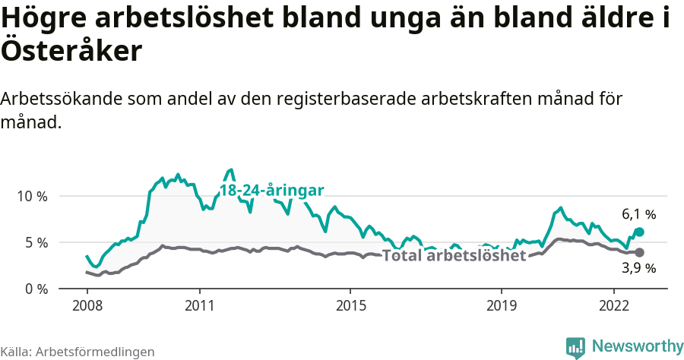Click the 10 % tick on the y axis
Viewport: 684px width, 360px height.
click(x=33, y=196)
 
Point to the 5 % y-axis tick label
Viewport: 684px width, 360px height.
click(x=36, y=242)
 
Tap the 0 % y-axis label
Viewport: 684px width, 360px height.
click(x=36, y=289)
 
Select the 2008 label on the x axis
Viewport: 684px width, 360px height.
click(x=87, y=305)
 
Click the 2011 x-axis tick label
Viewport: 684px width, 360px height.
click(x=199, y=305)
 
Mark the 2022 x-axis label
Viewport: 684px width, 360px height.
click(x=613, y=305)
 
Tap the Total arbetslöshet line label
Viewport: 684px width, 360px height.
click(x=454, y=255)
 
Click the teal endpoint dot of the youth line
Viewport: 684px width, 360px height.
click(x=639, y=232)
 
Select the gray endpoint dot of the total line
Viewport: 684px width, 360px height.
click(x=639, y=252)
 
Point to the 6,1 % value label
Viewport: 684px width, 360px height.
click(x=638, y=215)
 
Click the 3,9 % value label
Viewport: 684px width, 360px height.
click(x=638, y=268)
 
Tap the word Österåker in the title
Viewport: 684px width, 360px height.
click(x=71, y=52)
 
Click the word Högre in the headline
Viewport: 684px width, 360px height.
click(x=46, y=18)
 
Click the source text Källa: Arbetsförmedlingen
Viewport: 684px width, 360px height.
click(x=78, y=352)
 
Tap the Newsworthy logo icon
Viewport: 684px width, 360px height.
click(x=575, y=346)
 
